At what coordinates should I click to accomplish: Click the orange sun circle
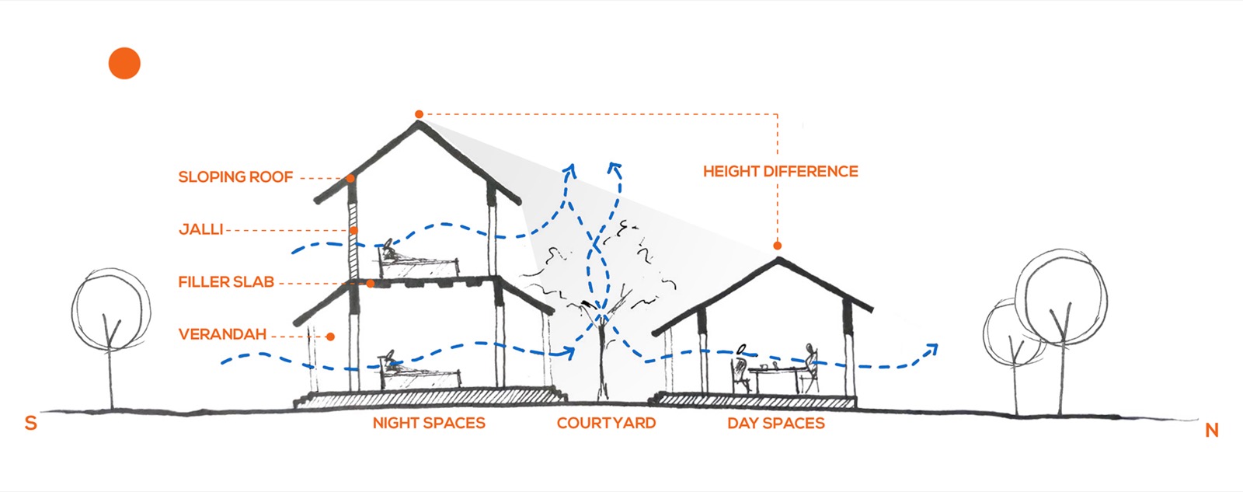tap(124, 63)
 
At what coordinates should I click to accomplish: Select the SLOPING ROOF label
tap(235, 177)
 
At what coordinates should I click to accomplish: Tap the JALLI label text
tap(201, 229)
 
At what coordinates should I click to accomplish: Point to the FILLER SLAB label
tap(226, 282)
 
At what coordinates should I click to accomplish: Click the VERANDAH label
tap(222, 334)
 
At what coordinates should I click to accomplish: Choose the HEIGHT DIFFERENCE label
tap(780, 171)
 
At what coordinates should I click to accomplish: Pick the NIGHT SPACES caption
tap(429, 423)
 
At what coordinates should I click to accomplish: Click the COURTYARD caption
tap(606, 423)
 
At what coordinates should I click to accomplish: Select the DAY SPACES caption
tap(776, 423)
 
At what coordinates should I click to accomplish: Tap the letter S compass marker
tap(31, 423)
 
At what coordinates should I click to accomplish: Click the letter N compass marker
tap(1212, 431)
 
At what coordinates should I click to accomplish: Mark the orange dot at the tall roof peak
tap(419, 114)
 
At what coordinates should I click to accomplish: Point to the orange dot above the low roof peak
tap(778, 246)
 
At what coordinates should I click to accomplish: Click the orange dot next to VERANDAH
tap(330, 337)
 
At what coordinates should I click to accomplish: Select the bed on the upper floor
tap(419, 262)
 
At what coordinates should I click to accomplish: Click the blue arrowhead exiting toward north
tap(931, 350)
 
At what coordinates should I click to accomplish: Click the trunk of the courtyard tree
tap(602, 361)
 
